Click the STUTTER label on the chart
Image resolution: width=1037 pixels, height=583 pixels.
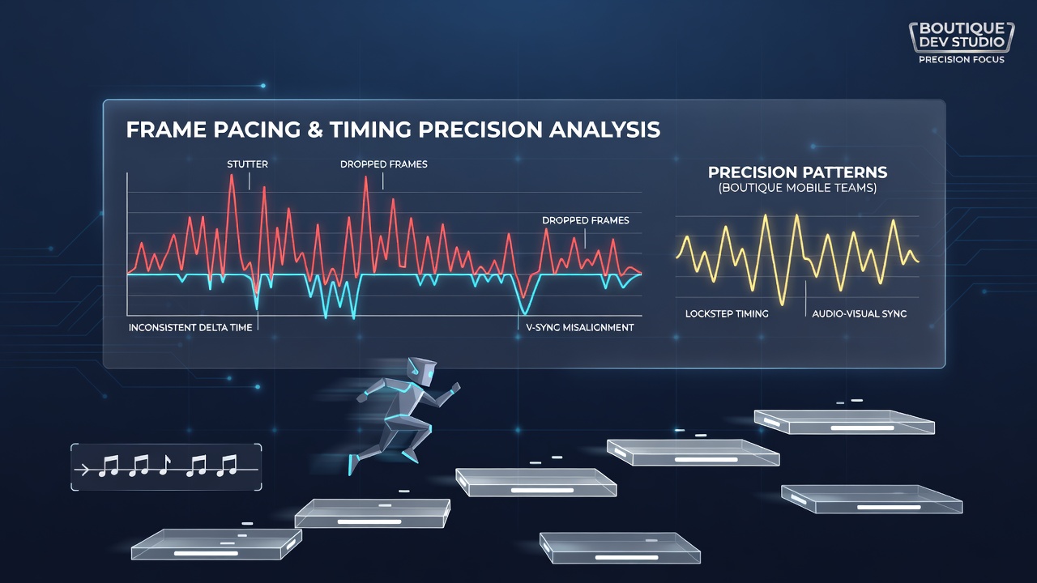point(247,164)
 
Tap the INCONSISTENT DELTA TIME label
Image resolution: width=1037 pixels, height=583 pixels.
point(190,328)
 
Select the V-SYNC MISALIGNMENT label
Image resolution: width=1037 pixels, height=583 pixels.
point(580,328)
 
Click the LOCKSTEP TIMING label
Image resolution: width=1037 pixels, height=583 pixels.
point(727,313)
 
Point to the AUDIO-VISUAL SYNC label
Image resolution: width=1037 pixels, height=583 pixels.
point(860,313)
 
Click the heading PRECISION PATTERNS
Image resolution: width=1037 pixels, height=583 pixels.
point(798,172)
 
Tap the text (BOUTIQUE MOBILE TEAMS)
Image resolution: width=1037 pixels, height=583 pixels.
point(798,188)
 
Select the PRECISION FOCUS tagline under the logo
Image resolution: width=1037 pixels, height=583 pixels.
point(962,60)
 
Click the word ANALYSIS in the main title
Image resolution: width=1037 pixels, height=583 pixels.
point(604,130)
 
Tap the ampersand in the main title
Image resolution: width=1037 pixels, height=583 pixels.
point(315,130)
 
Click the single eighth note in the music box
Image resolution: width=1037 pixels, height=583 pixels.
point(164,465)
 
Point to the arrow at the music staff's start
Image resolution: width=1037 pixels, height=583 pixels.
point(83,470)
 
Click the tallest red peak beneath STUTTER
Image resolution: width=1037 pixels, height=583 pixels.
point(232,176)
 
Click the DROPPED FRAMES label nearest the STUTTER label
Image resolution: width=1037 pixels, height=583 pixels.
point(384,164)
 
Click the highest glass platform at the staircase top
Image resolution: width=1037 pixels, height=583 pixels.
point(844,422)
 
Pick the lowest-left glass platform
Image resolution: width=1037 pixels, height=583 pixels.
point(216,544)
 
